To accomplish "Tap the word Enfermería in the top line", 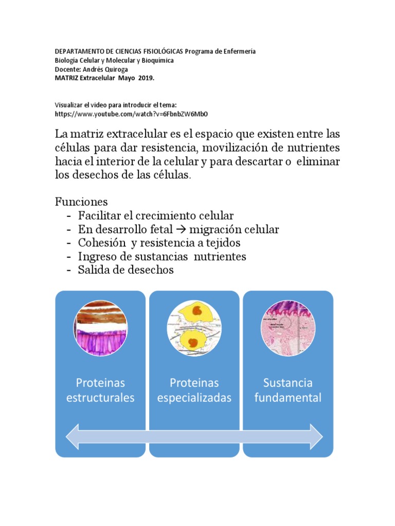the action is click(x=238, y=51).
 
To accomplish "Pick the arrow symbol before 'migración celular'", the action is click(x=180, y=229).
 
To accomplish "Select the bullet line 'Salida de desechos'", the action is click(x=126, y=270).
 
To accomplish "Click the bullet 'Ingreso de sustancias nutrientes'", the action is click(x=162, y=256).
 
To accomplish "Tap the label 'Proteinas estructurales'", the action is click(x=101, y=390).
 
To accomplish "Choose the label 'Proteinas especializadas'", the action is click(x=194, y=390).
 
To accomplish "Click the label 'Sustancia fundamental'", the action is click(x=288, y=390).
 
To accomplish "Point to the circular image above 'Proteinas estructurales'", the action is click(x=101, y=328).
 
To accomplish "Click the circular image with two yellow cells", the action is click(x=194, y=328).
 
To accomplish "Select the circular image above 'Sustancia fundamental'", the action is click(x=288, y=328).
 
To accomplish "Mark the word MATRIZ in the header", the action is click(x=67, y=78).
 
